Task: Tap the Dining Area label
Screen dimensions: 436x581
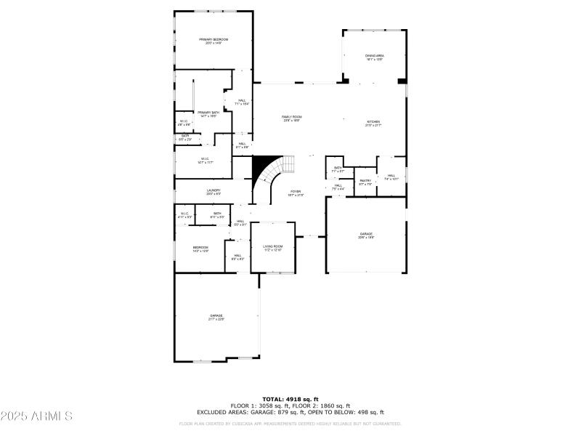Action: pos(375,55)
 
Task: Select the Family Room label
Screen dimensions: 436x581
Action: pos(292,117)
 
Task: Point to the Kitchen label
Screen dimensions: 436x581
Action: pos(373,122)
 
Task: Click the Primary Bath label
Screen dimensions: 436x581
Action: pos(208,113)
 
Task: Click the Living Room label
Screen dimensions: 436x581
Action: pos(273,247)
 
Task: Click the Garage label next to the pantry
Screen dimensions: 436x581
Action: pos(365,234)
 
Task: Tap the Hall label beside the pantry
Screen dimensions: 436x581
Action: pos(391,176)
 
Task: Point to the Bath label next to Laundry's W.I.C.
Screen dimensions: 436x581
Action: pos(217,214)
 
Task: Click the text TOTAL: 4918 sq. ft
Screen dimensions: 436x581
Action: pos(290,399)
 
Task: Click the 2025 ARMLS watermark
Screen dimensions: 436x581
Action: pos(36,416)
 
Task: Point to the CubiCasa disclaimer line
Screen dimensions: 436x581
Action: pos(290,424)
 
